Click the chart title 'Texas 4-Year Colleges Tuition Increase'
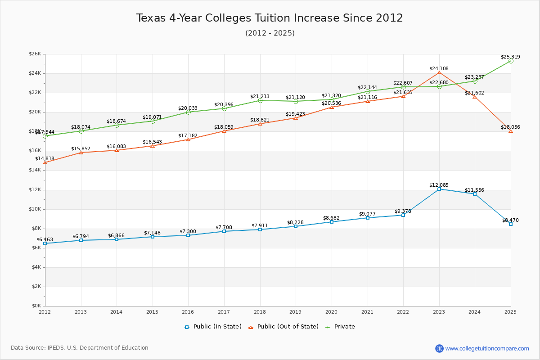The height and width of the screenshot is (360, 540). pos(270,18)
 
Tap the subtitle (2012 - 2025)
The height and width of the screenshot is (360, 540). pos(270,33)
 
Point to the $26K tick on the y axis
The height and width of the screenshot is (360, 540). pos(35,54)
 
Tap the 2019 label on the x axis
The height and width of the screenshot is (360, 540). pos(296,312)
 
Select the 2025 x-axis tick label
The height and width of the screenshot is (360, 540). pos(510,312)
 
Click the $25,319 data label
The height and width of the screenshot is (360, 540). pos(510,57)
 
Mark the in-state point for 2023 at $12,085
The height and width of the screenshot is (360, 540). pos(439,189)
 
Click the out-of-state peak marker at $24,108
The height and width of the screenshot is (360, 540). pos(439,72)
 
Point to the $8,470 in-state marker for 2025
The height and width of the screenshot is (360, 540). pos(511,224)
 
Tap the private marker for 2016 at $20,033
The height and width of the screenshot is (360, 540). pos(188,112)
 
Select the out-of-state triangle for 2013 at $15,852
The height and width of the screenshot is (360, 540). pos(81,153)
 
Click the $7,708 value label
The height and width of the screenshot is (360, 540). pos(224,227)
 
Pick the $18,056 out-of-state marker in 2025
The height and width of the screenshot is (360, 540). pos(511,131)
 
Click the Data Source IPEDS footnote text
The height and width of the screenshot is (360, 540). pos(80,348)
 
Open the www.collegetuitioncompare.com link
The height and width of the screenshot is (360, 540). pos(487,348)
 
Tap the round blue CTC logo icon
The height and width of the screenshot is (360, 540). pos(439,348)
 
